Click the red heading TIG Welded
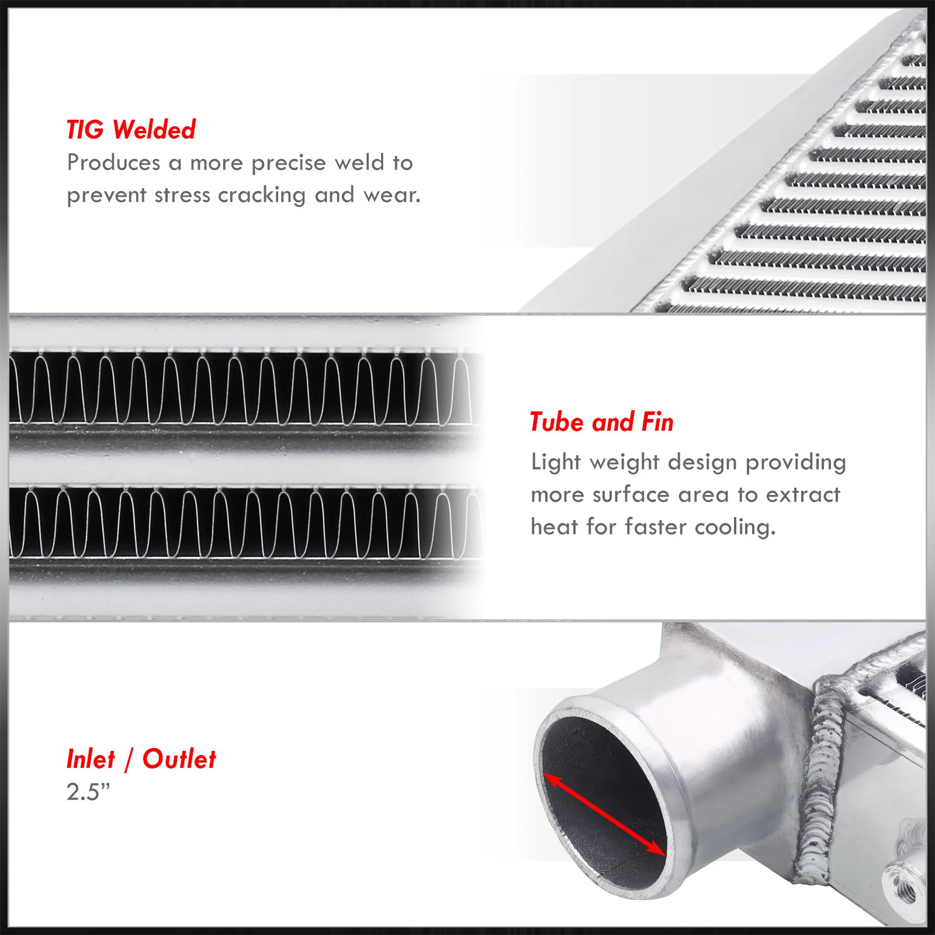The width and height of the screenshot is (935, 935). pos(131,130)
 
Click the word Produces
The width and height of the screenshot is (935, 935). pos(114,162)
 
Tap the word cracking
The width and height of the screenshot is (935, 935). pos(262,195)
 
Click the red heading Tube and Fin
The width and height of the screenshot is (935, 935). pos(602,422)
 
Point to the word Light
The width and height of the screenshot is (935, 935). pos(556,462)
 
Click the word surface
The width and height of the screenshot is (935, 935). pos(631,495)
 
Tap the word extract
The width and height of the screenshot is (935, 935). pos(804,495)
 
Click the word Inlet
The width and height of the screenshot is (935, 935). pos(91,759)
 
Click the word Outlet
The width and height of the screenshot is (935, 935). pos(179,759)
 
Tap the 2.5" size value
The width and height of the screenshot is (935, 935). pos(88,792)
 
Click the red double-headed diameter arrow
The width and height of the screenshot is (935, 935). pos(604,814)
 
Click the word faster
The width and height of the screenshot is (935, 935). pos(656,527)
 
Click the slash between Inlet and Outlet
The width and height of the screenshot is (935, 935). pos(129,760)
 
